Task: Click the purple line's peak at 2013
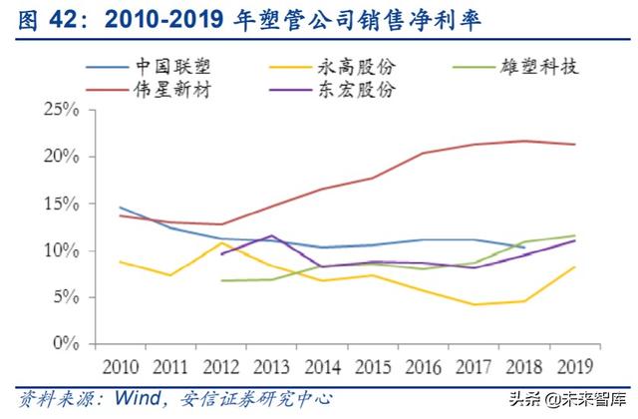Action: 270,235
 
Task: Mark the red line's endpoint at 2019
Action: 572,144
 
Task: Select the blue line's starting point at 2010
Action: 120,208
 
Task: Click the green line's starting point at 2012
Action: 220,280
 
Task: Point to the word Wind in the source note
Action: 138,398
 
